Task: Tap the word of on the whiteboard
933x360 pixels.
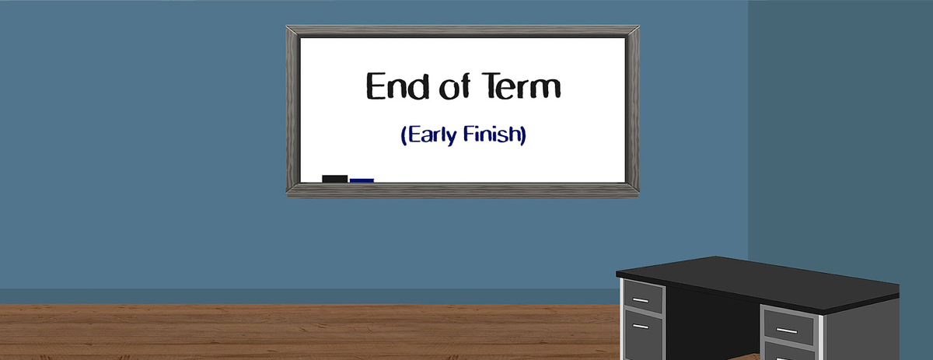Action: [454, 86]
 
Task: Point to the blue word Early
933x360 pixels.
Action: [432, 135]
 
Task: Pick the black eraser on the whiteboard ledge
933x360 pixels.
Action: [334, 179]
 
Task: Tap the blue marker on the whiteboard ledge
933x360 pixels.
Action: [362, 180]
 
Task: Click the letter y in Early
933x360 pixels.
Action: [451, 138]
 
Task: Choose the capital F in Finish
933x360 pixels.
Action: [469, 134]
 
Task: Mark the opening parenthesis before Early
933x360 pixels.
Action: [404, 135]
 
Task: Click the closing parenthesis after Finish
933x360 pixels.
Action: [524, 135]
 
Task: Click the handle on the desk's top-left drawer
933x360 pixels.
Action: [640, 300]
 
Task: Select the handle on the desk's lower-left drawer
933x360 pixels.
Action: [640, 326]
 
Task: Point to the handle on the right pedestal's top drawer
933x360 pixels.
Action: [787, 330]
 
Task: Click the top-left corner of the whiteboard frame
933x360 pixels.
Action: [287, 26]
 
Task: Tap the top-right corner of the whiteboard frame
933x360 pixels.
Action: [639, 26]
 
